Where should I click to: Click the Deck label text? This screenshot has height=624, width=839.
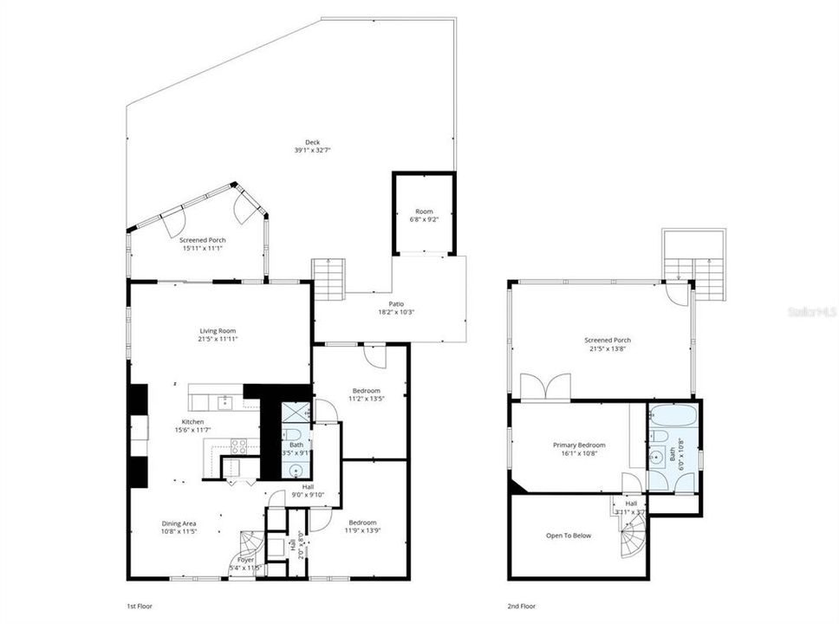[312, 143]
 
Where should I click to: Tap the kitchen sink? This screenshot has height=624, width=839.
[224, 400]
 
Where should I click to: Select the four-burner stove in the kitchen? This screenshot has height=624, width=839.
[238, 445]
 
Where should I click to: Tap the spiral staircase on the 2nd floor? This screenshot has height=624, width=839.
[630, 543]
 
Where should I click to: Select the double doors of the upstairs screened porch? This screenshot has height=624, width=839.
[545, 387]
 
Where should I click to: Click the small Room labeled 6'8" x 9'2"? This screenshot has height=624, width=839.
[424, 215]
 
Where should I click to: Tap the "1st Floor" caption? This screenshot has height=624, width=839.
[140, 606]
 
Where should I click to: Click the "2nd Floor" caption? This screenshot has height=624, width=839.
[521, 606]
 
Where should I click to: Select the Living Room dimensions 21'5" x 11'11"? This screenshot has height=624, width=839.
[218, 339]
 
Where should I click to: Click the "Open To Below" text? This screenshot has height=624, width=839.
[569, 536]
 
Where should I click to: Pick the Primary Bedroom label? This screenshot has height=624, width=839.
[579, 445]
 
